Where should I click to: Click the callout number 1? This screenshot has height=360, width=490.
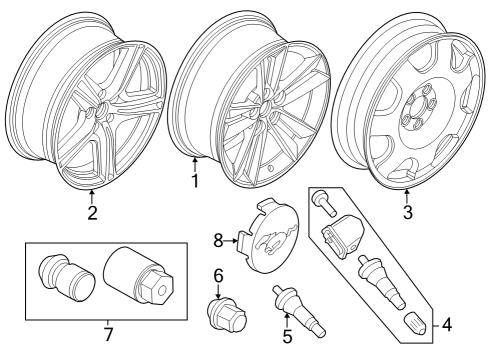pos(196,181)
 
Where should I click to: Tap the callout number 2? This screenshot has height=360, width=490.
pos(92,212)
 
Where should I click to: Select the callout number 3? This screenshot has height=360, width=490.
pos(408,212)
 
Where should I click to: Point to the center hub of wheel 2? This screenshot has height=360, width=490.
pos(100,113)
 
